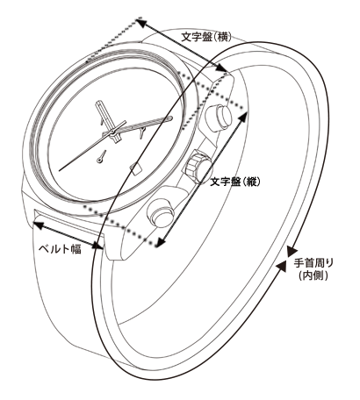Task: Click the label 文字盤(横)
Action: point(206,37)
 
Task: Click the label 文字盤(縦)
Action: point(235,182)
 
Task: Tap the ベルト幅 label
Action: point(60,248)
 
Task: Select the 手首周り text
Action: point(313,263)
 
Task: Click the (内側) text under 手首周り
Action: point(313,275)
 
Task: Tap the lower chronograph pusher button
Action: point(161,212)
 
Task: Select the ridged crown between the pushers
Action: point(197,166)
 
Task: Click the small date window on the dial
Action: point(135,168)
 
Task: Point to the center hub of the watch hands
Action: point(112,133)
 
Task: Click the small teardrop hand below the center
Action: point(102,156)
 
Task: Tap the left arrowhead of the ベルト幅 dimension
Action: point(38,225)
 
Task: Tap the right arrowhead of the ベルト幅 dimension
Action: point(98,246)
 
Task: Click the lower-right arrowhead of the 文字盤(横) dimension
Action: point(221,68)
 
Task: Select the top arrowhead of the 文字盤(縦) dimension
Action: point(243,116)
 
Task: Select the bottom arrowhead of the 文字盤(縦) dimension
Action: point(160,242)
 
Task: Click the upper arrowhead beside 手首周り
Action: point(292,251)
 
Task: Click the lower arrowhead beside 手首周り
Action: point(281,266)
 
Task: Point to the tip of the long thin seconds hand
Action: point(60,170)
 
